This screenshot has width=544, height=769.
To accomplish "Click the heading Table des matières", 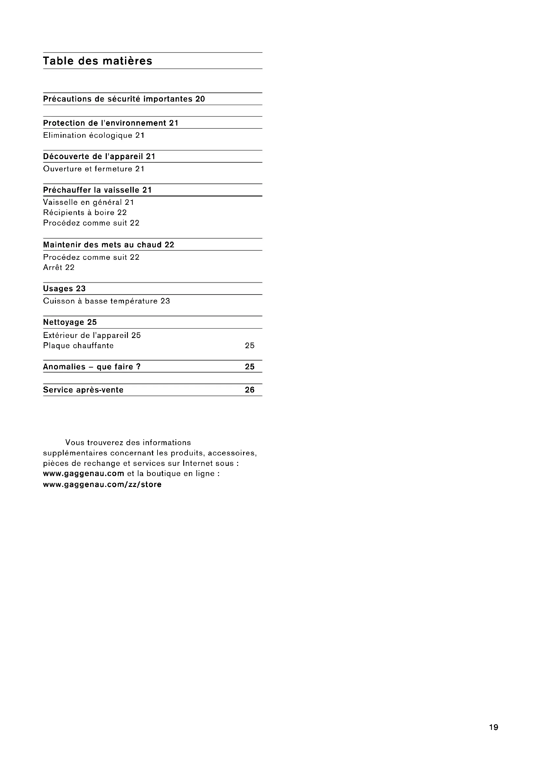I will tap(97, 61).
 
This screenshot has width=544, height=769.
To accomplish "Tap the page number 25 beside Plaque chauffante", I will tap(250, 346).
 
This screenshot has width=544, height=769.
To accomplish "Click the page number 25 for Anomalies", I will tap(250, 367).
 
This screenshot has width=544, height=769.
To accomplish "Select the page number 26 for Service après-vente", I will tap(250, 390).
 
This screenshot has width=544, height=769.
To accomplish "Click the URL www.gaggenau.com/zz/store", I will tap(102, 485).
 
